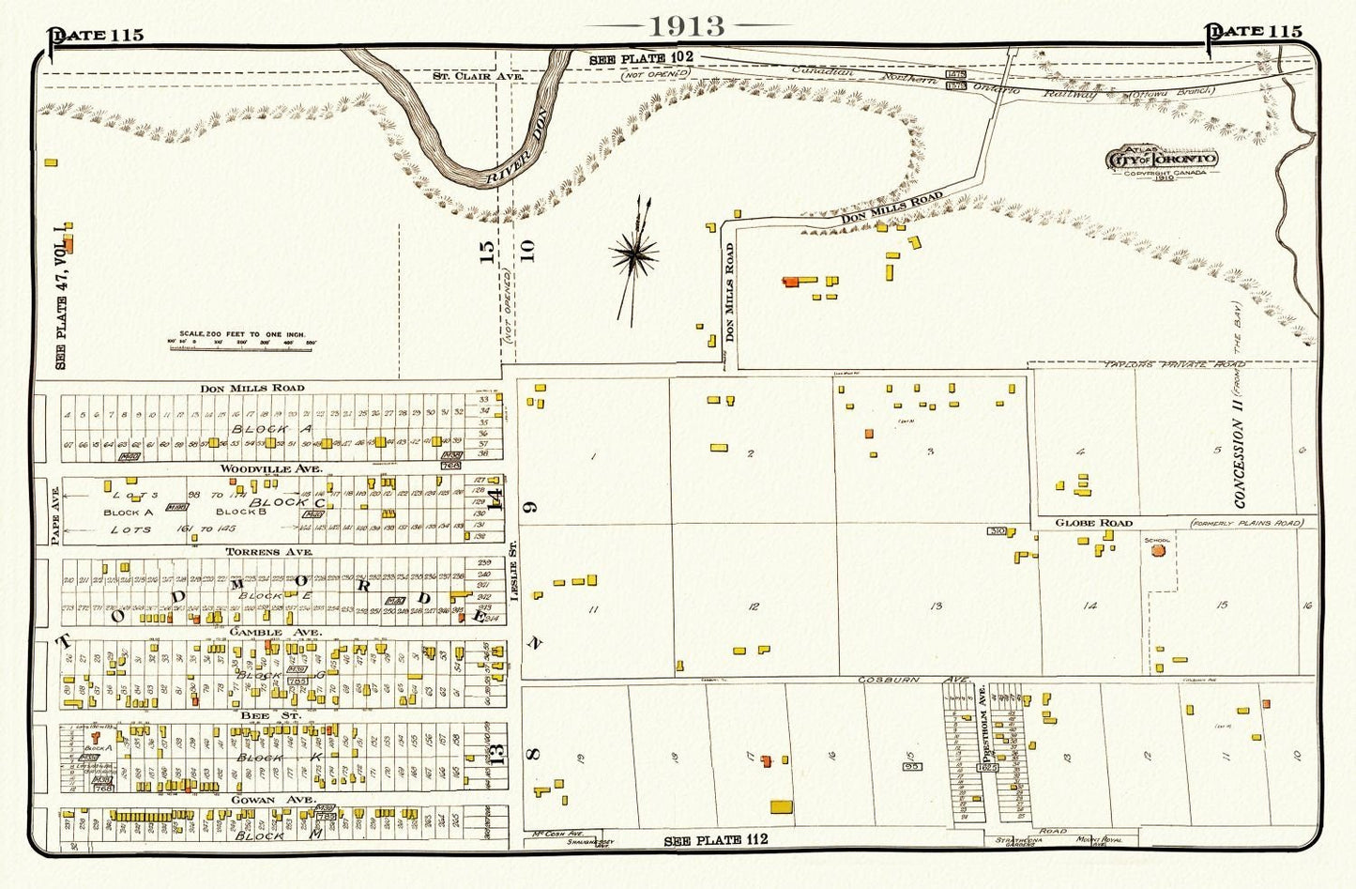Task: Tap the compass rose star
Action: [633, 253]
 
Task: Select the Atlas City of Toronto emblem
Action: [1163, 161]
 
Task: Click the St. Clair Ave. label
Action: [464, 74]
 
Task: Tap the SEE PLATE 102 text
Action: [641, 58]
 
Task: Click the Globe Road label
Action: [1093, 523]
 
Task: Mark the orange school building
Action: [1157, 551]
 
